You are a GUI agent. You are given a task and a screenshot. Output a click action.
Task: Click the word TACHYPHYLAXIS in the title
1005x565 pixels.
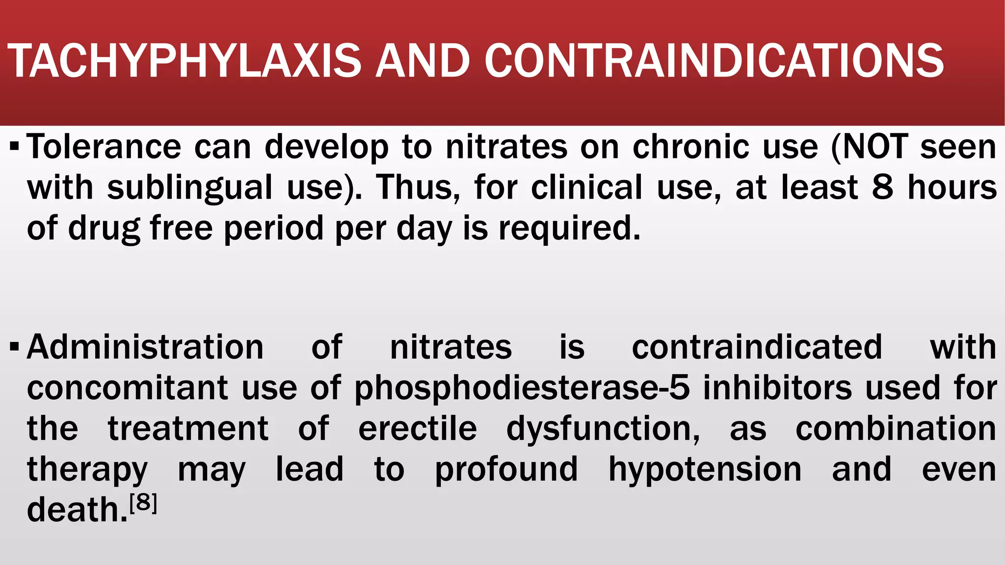tap(185, 61)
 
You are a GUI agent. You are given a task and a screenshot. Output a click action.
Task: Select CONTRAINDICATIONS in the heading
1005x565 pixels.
tap(714, 61)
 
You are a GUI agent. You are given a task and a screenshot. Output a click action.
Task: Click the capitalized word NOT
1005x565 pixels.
tap(874, 147)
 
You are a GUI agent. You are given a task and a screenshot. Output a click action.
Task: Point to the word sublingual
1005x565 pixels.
tap(189, 188)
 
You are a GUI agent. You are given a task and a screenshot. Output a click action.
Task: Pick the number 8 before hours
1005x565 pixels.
tap(882, 187)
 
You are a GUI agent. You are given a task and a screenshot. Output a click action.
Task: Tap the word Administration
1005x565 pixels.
tap(145, 347)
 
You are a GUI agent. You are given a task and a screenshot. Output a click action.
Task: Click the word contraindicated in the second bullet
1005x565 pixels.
tap(757, 347)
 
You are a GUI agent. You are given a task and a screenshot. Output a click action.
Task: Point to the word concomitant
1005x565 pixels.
tap(128, 388)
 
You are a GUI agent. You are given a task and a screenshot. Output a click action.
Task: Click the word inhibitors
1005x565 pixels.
tap(777, 388)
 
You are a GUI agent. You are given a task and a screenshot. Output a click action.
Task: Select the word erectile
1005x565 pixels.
tap(418, 429)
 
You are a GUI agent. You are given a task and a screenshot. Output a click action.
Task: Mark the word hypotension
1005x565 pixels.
tap(705, 470)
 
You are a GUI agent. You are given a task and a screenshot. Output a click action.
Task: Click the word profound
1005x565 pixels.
tap(506, 470)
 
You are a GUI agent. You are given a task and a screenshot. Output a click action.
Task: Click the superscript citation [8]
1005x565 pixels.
tap(143, 503)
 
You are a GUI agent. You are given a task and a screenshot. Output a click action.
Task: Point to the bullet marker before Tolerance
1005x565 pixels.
tap(15, 147)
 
